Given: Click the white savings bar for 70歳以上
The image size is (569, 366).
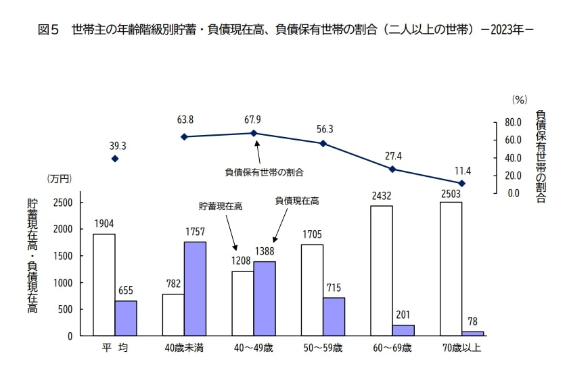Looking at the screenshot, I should click(x=451, y=269).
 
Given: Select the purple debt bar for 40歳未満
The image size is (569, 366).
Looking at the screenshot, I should click(x=195, y=288).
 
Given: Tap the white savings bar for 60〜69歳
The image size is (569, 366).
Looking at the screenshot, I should click(x=381, y=271).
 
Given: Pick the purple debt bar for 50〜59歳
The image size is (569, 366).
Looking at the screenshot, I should click(x=334, y=317).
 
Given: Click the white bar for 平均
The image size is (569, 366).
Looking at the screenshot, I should click(x=104, y=285).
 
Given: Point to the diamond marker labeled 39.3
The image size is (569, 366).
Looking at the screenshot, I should click(x=115, y=159).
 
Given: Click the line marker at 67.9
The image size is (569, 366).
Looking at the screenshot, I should click(x=254, y=133).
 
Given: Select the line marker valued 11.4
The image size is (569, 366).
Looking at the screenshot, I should click(x=461, y=183).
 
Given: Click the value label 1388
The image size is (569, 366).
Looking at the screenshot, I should click(x=265, y=252).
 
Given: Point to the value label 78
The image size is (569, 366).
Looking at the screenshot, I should click(x=472, y=322).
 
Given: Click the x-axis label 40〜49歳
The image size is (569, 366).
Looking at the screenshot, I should click(x=253, y=348).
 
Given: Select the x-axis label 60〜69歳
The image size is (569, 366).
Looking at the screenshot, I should click(x=392, y=348).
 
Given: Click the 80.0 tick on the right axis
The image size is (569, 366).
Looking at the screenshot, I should click(x=513, y=123).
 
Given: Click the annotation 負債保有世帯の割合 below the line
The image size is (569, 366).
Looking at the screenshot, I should click(x=264, y=172).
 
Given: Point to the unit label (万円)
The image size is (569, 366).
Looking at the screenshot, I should click(x=59, y=179).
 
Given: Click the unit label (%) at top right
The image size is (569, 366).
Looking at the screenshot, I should click(x=519, y=99).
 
